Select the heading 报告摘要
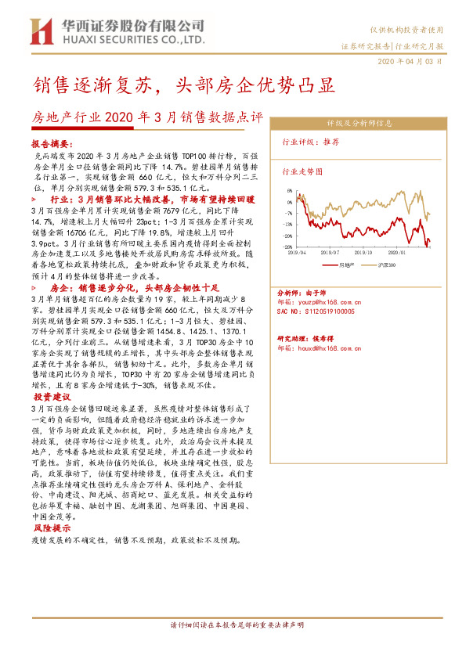51,145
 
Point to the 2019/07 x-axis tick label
331,253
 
